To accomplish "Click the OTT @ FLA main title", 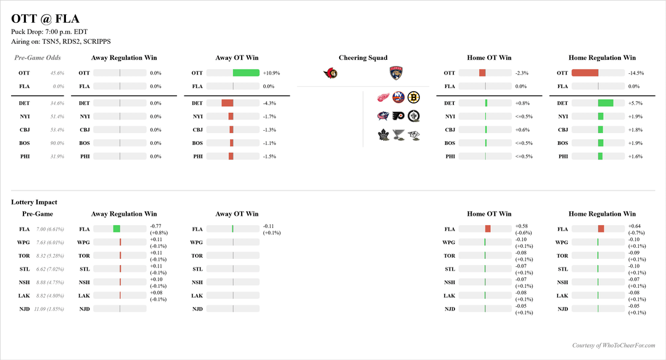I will coord(45,19).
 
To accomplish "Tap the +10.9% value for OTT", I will coord(271,73).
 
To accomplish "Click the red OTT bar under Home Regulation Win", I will coord(585,73).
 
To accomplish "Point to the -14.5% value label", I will coord(636,73).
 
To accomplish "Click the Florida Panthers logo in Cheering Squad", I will coord(396,74).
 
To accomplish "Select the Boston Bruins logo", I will coord(413,97).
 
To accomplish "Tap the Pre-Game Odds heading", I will coord(38,58).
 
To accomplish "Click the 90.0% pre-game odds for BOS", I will coord(57,143).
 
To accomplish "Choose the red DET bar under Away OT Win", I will coord(228,103).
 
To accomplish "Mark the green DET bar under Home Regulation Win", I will coord(606,103).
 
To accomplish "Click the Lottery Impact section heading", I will coord(34,202).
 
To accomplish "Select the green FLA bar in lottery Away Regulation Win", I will coord(117,229).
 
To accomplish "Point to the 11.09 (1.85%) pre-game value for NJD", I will coord(49,309).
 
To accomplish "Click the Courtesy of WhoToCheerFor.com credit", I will coord(613,346).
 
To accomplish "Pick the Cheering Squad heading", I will coord(363,58).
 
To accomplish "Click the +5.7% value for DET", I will coord(636,103).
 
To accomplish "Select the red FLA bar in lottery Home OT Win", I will coord(488,229).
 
